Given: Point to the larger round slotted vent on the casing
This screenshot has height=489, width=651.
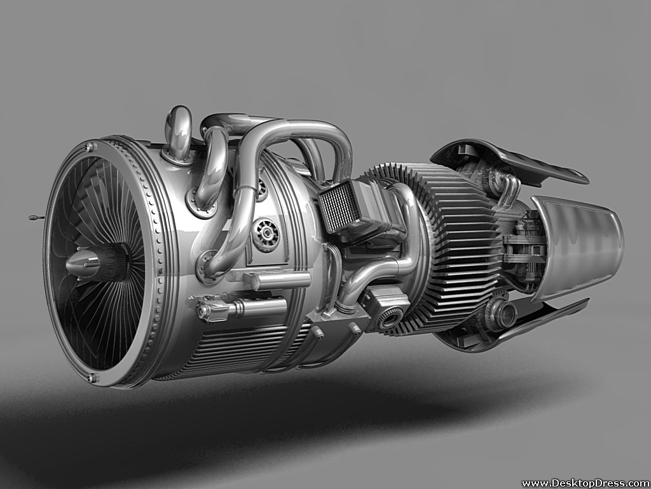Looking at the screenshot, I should point(265,234).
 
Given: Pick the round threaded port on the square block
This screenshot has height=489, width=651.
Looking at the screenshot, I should point(390,316).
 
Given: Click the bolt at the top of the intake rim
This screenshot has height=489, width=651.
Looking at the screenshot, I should point(90,147).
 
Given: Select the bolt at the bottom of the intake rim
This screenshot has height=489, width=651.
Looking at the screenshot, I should point(93,379).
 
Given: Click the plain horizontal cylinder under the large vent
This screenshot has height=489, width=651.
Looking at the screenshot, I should point(280,280).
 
